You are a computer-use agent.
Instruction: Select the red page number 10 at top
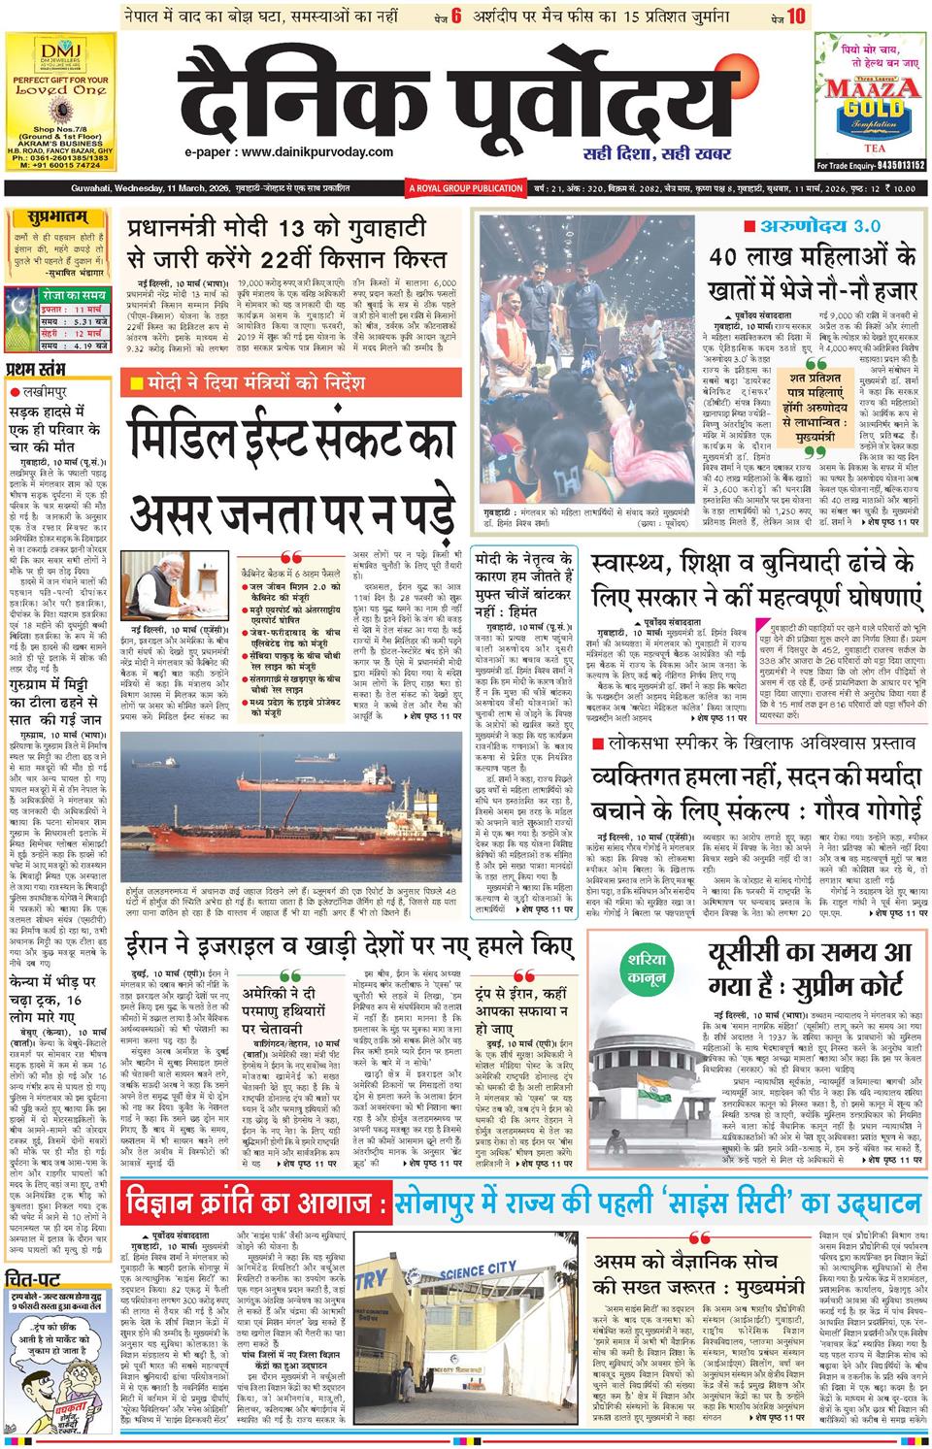(x=796, y=16)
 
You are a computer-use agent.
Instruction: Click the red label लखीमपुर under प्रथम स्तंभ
(x=42, y=390)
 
